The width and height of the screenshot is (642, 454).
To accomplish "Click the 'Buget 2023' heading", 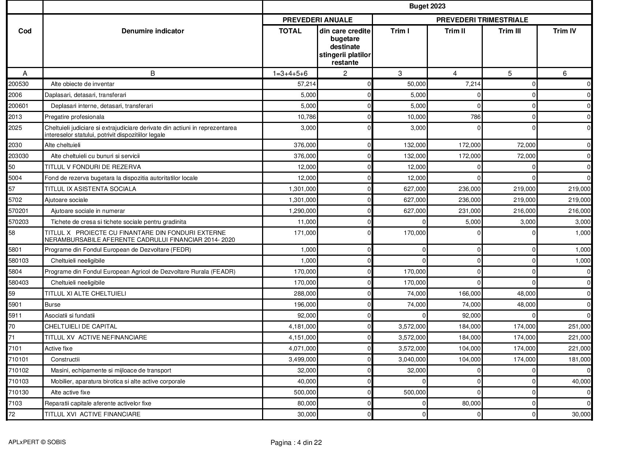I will pyautogui.click(x=427, y=6).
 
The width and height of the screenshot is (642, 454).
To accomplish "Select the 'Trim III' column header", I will pyautogui.click(x=510, y=31).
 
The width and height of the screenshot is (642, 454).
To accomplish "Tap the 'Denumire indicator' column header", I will pyautogui.click(x=153, y=31).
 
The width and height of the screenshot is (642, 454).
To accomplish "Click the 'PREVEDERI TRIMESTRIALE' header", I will pyautogui.click(x=482, y=20).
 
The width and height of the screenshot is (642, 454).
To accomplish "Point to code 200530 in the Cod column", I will pyautogui.click(x=18, y=84).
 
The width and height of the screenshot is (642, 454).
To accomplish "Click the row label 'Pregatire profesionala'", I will pyautogui.click(x=74, y=117).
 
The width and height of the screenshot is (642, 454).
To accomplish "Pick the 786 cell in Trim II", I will pyautogui.click(x=475, y=117).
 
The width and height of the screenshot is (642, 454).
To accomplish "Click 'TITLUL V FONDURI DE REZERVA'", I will pyautogui.click(x=93, y=167).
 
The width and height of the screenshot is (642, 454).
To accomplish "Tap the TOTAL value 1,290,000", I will pyautogui.click(x=302, y=211).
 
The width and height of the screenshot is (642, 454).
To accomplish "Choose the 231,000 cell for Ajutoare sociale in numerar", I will pyautogui.click(x=469, y=211).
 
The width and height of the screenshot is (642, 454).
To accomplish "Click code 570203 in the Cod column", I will pyautogui.click(x=18, y=222).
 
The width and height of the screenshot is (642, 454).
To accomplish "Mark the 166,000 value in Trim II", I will pyautogui.click(x=469, y=294).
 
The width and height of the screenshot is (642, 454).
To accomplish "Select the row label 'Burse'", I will pyautogui.click(x=52, y=305).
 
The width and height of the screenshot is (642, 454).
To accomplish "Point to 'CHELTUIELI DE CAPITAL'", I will pyautogui.click(x=81, y=327).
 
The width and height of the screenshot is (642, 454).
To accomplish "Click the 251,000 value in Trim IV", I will pyautogui.click(x=579, y=327).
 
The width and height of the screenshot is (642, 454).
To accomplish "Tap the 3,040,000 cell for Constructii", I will pyautogui.click(x=412, y=360).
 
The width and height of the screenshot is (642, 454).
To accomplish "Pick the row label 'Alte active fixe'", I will pyautogui.click(x=70, y=393).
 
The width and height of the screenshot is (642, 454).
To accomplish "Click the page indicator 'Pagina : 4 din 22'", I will pyautogui.click(x=296, y=443).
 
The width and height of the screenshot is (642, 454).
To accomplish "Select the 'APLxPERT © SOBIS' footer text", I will pyautogui.click(x=37, y=442).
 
